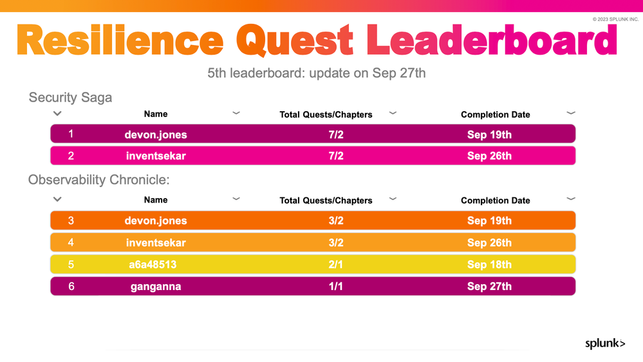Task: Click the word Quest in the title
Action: (x=294, y=41)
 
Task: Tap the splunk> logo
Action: (x=605, y=343)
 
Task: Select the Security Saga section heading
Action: (x=70, y=98)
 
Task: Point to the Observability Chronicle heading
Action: (x=99, y=180)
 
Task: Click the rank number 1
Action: (x=71, y=134)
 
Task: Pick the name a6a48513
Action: (x=153, y=264)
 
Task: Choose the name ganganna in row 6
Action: (x=156, y=287)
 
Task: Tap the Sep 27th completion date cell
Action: (x=489, y=286)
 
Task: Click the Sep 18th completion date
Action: (x=489, y=264)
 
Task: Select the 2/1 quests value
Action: (x=335, y=264)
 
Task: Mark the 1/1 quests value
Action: (x=335, y=286)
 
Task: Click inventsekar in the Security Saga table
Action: (x=156, y=156)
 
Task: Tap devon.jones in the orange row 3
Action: (x=156, y=221)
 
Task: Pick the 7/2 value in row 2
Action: (x=336, y=156)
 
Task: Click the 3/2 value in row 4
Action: (x=336, y=243)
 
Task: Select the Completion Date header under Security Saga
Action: (x=496, y=114)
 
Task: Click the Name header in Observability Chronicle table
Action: (x=156, y=200)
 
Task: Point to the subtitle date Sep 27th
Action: (x=398, y=73)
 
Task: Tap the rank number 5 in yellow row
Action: (x=71, y=264)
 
